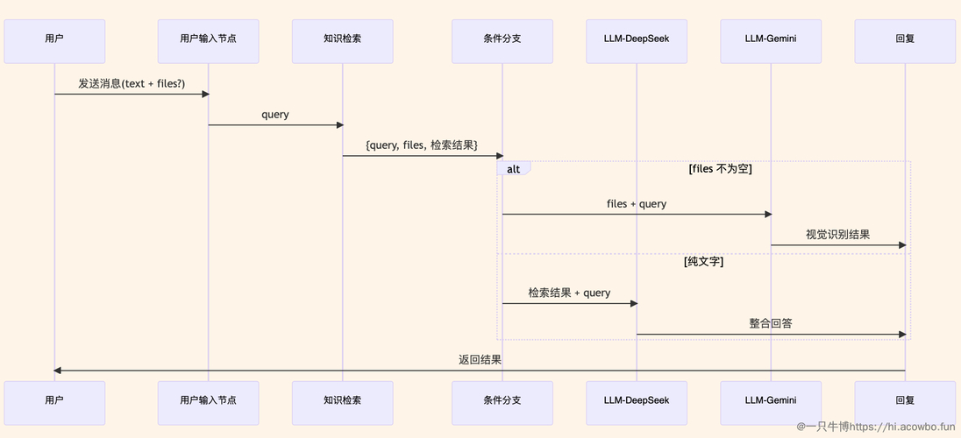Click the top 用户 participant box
coord(54,41)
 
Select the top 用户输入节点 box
coord(209,41)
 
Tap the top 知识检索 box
coord(343,41)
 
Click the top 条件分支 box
coord(502,41)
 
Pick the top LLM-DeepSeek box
coord(637,41)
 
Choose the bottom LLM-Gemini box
coord(771,403)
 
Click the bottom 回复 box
coord(905,403)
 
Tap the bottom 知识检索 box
coord(343,403)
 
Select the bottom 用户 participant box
coord(54,403)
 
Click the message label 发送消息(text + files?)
coord(132,84)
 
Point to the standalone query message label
coord(275,115)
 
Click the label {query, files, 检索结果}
coord(422,145)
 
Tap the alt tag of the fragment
coord(514,168)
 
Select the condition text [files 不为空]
coord(720,169)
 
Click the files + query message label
coord(637,204)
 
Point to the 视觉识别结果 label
coord(838,235)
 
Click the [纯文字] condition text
coord(703,262)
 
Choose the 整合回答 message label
coord(771,323)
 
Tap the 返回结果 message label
coord(480,359)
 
